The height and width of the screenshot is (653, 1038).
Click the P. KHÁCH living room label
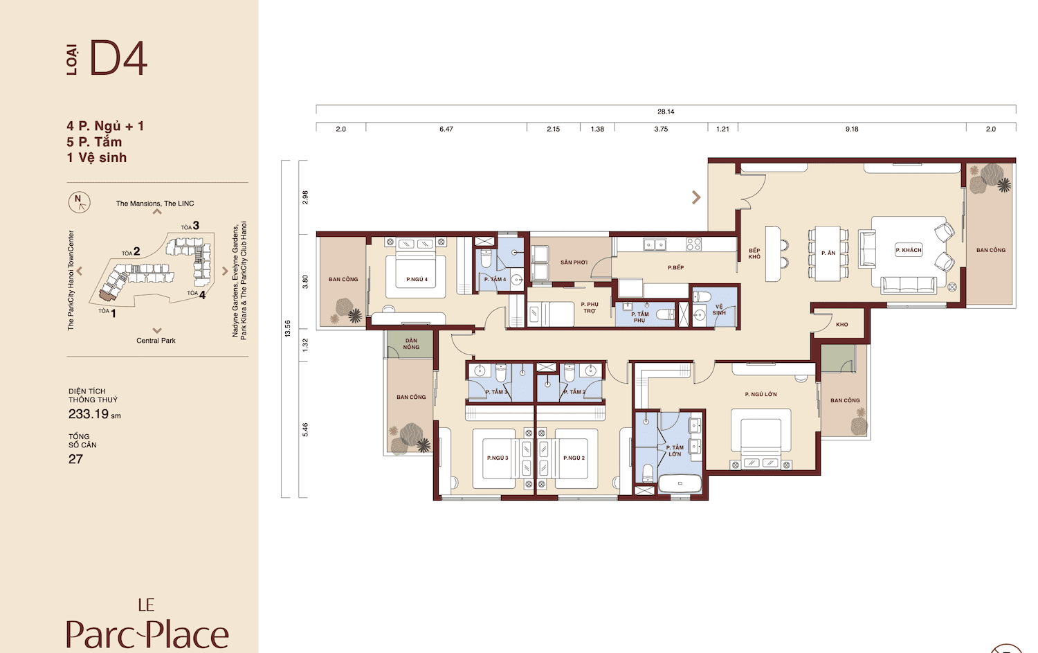coord(908,250)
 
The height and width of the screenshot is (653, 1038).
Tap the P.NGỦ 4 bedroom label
coord(417,279)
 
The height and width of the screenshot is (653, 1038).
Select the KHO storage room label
coord(842,325)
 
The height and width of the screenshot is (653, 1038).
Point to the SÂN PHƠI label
coord(574,262)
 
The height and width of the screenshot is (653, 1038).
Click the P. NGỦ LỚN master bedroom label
coord(761,394)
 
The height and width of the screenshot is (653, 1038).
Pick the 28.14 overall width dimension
coord(666,111)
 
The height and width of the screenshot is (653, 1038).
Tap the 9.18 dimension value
coord(852,129)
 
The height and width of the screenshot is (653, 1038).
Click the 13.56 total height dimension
coord(288,328)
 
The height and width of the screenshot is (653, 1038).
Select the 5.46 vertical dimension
coord(305,430)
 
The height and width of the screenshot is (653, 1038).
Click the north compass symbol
coord(80,202)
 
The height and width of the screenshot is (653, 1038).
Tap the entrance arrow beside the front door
coord(696,197)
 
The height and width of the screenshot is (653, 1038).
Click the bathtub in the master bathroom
coord(680,484)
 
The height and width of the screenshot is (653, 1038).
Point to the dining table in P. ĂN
coord(828,253)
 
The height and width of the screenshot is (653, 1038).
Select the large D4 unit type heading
coord(118,58)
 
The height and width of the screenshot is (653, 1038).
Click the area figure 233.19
coord(89,413)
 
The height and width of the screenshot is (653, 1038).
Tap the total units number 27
coord(75,459)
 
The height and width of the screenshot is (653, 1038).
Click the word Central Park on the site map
coord(156,341)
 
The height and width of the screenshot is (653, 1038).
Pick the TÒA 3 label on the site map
coord(190,226)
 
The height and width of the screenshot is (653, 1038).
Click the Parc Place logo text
coord(147,634)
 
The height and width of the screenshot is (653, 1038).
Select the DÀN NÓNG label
coord(411,343)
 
